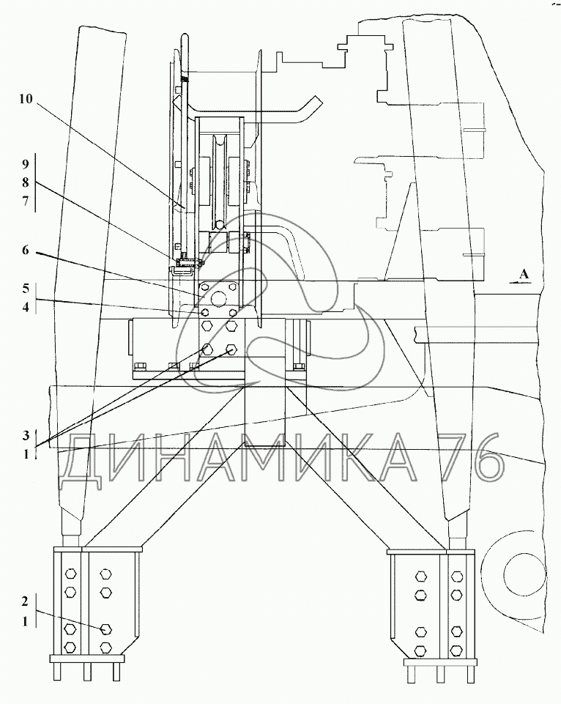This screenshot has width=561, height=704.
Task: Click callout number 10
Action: pos(26,99)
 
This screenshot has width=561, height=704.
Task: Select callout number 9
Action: pos(25,164)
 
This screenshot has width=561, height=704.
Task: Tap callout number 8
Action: pos(25,182)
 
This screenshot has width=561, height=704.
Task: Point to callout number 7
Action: pos(25,201)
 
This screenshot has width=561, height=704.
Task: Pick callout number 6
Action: pos(25,250)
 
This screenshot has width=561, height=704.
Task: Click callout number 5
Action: pos(26,288)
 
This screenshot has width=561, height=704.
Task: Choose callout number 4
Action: pos(26,307)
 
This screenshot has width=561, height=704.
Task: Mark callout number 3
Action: pos(26,435)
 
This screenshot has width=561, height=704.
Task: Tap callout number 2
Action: pos(26,601)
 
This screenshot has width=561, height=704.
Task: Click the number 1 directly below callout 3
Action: pos(26,454)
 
